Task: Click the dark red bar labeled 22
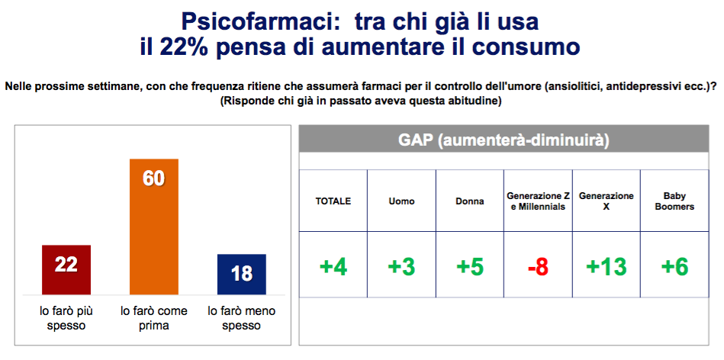(x=66, y=269)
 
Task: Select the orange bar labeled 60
(x=154, y=227)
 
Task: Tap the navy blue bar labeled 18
(x=242, y=274)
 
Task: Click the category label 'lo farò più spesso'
(x=66, y=319)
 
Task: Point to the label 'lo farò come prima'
(x=154, y=319)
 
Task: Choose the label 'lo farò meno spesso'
(x=242, y=319)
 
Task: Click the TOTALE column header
(x=333, y=201)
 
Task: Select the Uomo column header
(x=401, y=201)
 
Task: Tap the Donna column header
(x=470, y=201)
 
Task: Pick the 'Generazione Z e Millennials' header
(x=538, y=201)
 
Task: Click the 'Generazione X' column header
(x=607, y=201)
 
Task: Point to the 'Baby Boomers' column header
(x=674, y=201)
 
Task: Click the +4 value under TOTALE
(x=333, y=267)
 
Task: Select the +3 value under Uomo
(x=401, y=267)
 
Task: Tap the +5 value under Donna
(x=470, y=267)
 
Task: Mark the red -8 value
(x=538, y=267)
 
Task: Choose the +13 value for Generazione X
(x=607, y=267)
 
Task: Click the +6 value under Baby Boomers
(x=674, y=267)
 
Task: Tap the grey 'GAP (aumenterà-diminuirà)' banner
(x=504, y=140)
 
